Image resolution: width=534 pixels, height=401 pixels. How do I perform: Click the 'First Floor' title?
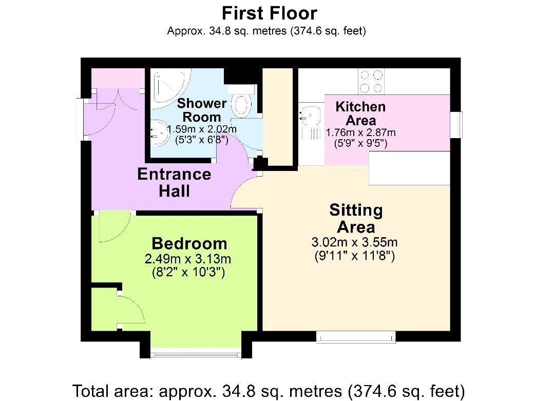click(269, 13)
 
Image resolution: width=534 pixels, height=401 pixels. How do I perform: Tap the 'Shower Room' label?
click(202, 110)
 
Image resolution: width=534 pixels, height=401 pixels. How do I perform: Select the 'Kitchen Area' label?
click(360, 113)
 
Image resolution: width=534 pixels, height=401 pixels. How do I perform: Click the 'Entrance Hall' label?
click(174, 182)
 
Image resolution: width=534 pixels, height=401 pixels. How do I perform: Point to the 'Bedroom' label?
click(189, 243)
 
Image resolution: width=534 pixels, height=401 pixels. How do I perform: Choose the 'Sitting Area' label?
click(356, 218)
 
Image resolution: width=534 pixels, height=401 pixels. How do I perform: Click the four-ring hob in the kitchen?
click(372, 81)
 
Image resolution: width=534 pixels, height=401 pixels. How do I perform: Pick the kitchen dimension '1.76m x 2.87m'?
click(360, 132)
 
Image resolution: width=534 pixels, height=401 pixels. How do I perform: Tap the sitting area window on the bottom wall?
click(356, 337)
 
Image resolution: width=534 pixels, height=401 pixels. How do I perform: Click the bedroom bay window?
click(196, 353)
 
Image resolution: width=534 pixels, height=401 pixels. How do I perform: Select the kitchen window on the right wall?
click(455, 124)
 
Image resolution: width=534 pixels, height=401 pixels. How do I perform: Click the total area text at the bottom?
click(269, 391)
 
